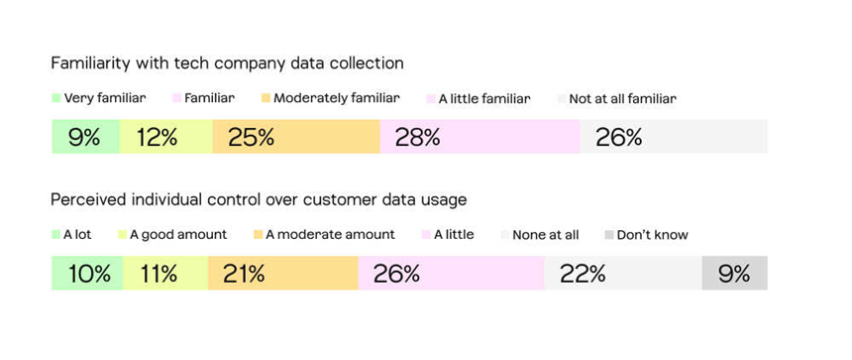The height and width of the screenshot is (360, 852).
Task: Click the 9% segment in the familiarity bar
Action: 86,137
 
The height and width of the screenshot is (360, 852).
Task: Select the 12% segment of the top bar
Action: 166,137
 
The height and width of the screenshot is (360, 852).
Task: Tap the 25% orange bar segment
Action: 296,137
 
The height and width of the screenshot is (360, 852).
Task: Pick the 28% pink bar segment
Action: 480,137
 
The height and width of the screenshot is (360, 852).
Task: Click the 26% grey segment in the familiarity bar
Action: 674,137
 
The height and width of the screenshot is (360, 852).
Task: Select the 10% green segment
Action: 87,273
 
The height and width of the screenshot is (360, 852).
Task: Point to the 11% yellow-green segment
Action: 165,273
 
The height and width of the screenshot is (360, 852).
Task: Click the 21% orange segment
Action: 283,273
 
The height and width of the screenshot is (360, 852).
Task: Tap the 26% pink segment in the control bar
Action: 452,273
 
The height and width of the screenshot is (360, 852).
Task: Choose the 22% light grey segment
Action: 623,273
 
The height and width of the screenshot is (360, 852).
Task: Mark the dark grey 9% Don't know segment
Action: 735,273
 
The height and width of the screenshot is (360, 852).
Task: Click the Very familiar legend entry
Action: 99,98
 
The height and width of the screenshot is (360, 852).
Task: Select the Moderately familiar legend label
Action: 330,98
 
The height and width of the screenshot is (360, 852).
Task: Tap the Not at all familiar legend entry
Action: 617,99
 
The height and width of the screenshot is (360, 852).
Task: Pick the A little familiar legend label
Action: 479,99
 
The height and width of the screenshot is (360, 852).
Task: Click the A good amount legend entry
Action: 172,234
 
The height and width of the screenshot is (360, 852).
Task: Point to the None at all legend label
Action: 540,235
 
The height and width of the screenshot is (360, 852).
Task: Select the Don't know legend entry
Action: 646,235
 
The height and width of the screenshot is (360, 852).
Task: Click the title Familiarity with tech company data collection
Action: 227,63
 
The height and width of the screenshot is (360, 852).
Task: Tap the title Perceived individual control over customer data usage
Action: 259,200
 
